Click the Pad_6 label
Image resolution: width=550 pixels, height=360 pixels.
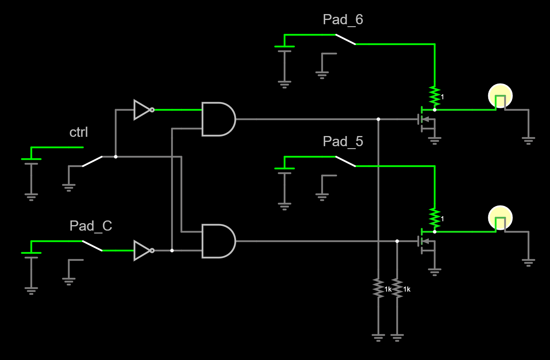[343, 20]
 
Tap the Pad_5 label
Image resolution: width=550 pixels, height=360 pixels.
[343, 141]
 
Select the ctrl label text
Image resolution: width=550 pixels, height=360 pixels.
[79, 132]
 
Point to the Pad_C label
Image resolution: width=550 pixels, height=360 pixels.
[91, 226]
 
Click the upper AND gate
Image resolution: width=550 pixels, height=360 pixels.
[218, 119]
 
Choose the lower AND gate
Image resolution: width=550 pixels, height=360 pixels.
[218, 241]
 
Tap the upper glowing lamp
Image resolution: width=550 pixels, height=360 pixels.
[500, 96]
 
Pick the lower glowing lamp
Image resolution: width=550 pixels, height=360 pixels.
[500, 218]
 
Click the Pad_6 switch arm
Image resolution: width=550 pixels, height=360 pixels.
[346, 39]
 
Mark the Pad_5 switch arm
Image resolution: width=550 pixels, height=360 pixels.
[346, 161]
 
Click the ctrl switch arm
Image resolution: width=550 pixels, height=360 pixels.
[92, 161]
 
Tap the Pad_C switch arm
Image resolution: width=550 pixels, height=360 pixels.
[92, 246]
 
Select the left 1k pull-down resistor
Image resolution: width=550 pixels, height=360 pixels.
[378, 288]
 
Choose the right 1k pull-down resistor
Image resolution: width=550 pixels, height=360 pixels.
[397, 288]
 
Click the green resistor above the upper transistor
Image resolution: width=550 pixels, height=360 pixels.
[435, 96]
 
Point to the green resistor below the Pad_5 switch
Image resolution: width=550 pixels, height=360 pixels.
[435, 218]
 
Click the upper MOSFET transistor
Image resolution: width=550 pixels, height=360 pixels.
[426, 119]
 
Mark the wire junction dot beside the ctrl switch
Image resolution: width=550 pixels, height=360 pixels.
[116, 157]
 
